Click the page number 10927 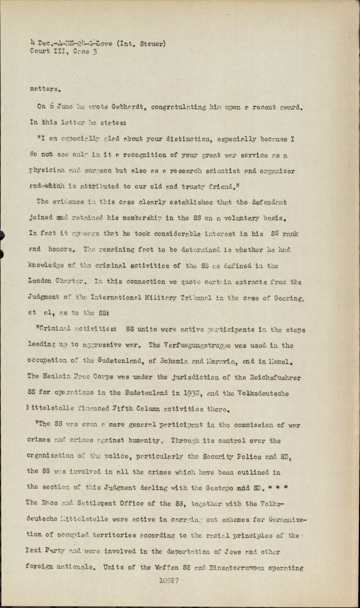(x=169, y=580)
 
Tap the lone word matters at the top (x=44, y=89)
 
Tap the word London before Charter (x=40, y=281)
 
